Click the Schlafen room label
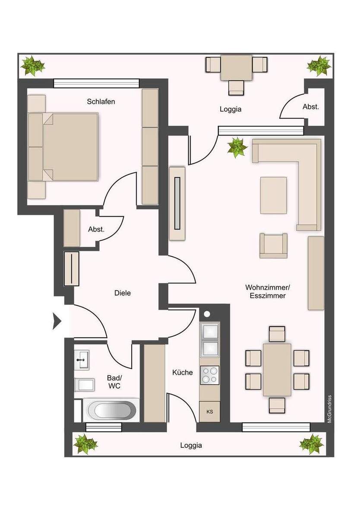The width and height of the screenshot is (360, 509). (101, 102)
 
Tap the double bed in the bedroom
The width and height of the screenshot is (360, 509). (69, 147)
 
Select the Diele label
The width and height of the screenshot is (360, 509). (123, 293)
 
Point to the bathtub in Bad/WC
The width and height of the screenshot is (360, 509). (111, 410)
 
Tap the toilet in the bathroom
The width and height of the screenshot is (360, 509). (82, 383)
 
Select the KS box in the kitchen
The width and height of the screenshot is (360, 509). (210, 412)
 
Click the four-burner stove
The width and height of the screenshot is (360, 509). (210, 375)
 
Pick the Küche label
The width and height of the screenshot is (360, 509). (183, 372)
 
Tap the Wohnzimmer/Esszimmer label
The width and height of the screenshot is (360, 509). (265, 292)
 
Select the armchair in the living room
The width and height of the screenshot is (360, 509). (273, 245)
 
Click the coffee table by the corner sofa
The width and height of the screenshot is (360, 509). (274, 195)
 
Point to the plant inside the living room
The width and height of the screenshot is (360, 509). (237, 147)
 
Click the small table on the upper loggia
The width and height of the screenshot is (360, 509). (236, 68)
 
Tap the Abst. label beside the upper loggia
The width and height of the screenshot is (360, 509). (311, 107)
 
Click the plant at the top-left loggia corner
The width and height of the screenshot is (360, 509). (32, 66)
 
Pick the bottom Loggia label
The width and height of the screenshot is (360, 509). (191, 446)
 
